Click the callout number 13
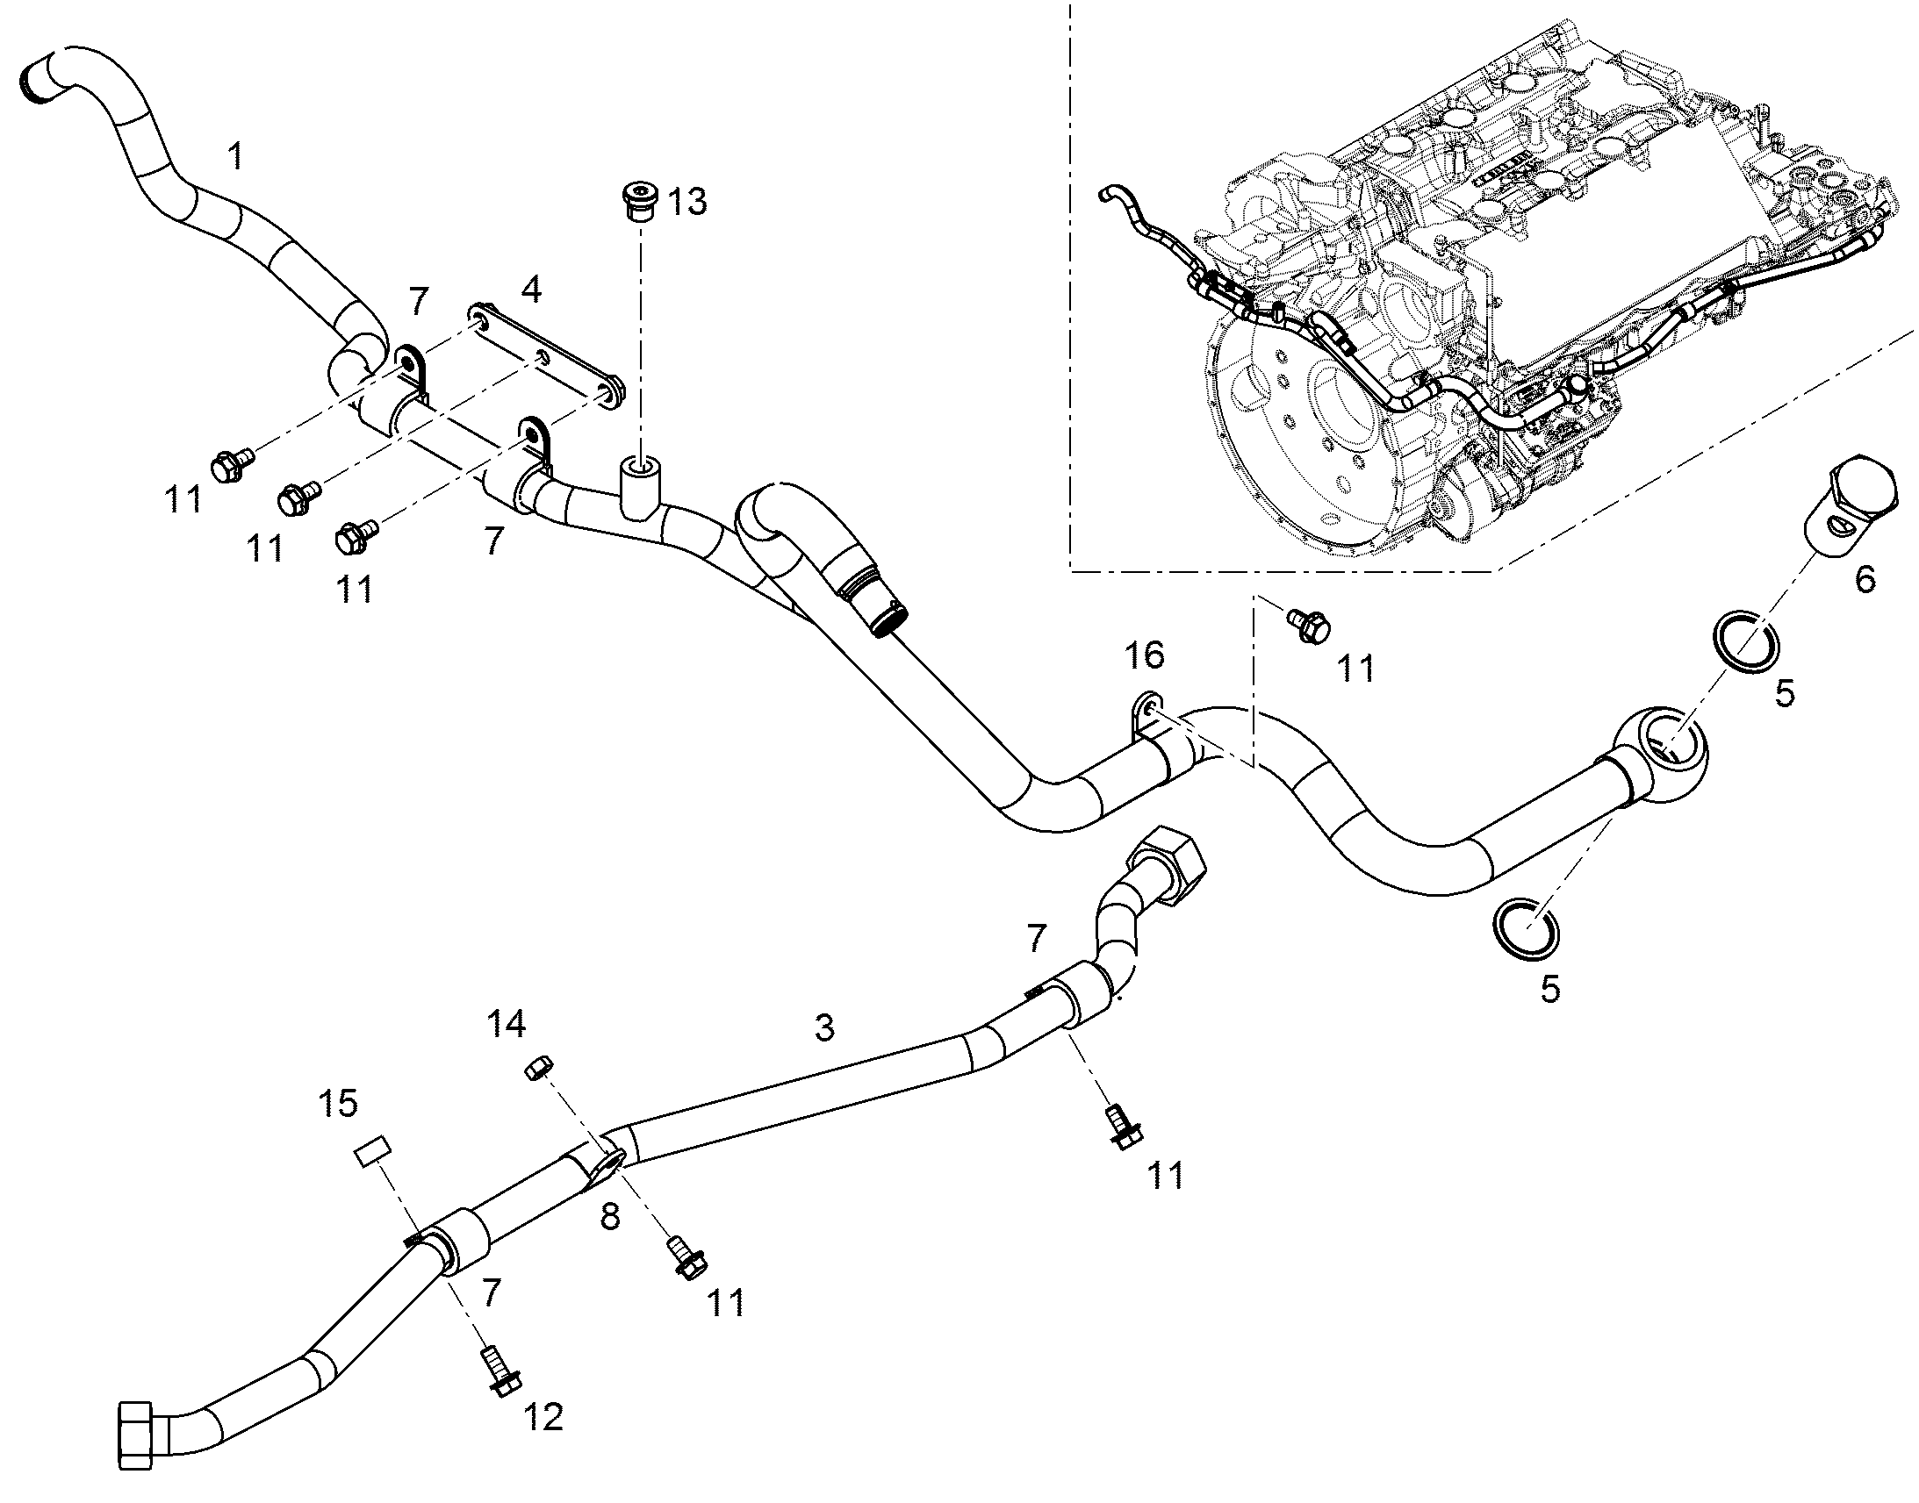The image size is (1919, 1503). click(x=687, y=202)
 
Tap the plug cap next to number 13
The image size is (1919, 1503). click(x=638, y=204)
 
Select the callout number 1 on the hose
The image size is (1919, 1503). click(x=235, y=156)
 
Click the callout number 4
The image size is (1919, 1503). click(x=531, y=290)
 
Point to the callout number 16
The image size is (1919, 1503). click(x=1145, y=655)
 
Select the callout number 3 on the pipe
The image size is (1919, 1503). click(x=824, y=1027)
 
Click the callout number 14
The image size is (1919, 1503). click(x=507, y=1023)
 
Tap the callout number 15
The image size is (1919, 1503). click(x=339, y=1102)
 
